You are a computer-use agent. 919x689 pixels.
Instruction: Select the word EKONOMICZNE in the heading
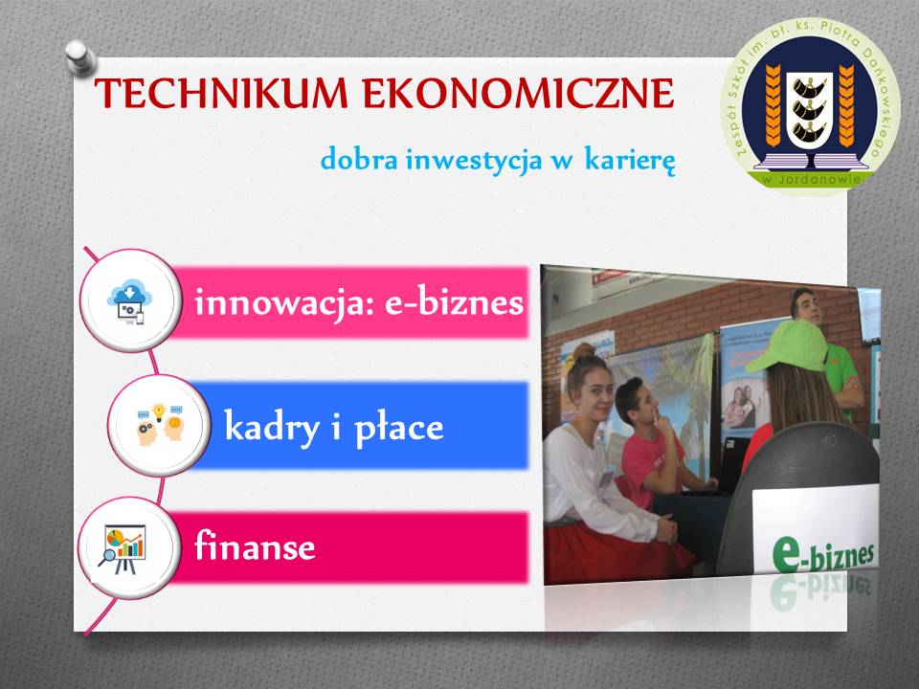pos(519,93)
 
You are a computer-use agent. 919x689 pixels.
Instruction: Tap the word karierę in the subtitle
pos(630,160)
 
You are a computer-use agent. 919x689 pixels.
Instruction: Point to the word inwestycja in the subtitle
pos(474,161)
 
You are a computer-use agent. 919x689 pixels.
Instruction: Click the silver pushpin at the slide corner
pos(79,57)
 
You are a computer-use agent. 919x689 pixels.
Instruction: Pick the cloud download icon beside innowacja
pos(129,301)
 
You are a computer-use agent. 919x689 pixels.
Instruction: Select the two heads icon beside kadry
pos(160,424)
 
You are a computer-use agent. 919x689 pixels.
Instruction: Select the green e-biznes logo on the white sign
pos(822,554)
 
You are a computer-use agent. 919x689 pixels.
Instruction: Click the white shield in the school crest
pos(810,109)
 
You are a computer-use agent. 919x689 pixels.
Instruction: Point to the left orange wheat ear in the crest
pos(773,105)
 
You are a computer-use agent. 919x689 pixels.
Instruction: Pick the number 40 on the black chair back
pos(829,439)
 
